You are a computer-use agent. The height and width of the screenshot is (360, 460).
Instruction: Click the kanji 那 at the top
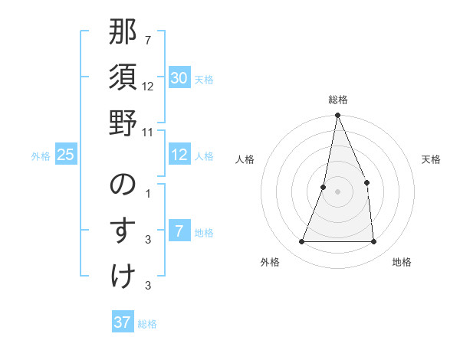click(x=123, y=34)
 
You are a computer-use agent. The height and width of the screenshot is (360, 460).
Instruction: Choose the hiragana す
click(x=123, y=231)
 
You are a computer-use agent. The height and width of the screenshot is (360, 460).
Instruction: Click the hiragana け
click(x=123, y=275)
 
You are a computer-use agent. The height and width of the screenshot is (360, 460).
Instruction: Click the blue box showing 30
click(x=179, y=78)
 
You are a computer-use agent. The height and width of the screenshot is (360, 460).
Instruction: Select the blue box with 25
click(x=65, y=155)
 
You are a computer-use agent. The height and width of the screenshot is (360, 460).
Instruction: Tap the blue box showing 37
click(x=122, y=322)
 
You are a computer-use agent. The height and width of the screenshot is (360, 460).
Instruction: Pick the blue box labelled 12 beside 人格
click(x=179, y=155)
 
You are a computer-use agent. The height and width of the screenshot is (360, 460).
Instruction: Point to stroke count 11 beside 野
click(x=149, y=132)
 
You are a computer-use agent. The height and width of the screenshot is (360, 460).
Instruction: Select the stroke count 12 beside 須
click(x=148, y=87)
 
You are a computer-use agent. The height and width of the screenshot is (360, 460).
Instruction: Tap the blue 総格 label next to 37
click(x=147, y=324)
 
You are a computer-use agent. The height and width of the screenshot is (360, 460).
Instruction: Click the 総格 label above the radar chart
click(x=337, y=100)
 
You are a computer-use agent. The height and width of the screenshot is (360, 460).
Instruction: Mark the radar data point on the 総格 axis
click(x=337, y=116)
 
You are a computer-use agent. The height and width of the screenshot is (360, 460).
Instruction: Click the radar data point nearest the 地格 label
click(x=374, y=242)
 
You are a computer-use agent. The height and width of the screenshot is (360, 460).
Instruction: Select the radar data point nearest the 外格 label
click(x=301, y=242)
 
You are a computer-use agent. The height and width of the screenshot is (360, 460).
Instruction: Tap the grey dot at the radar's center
click(x=337, y=191)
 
